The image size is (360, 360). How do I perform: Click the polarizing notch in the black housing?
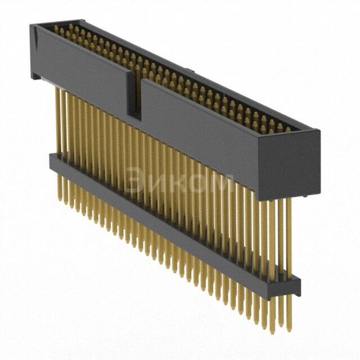135,96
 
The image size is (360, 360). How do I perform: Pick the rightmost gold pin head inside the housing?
287,129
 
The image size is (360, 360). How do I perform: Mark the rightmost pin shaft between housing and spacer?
290,236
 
